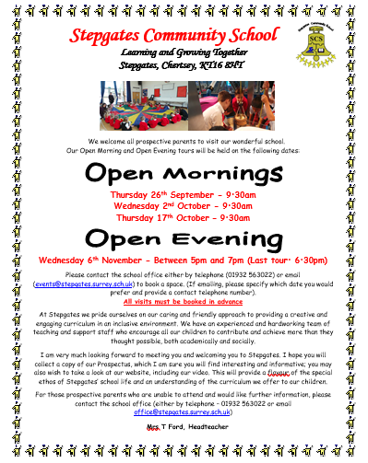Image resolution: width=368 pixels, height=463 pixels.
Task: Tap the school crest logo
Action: (322, 47)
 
